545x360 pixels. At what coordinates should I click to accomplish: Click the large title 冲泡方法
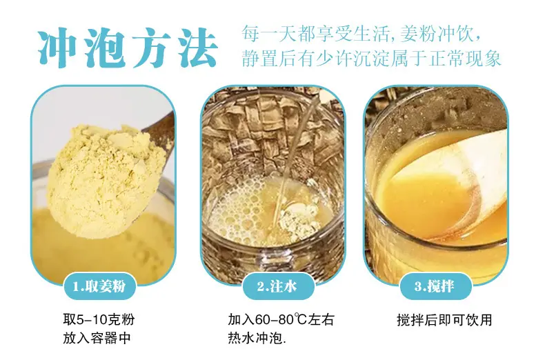coord(128,48)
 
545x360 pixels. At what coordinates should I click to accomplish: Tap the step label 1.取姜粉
coord(99,287)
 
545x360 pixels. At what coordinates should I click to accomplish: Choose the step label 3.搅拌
coord(435,287)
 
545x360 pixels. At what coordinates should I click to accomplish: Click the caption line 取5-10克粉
coord(99,319)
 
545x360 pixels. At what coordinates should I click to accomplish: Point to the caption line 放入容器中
coord(97,338)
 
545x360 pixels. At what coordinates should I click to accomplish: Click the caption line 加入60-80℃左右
coord(281,319)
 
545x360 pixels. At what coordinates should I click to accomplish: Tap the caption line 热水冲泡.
coord(257,338)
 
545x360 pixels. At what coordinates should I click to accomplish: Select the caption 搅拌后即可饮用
coord(444,320)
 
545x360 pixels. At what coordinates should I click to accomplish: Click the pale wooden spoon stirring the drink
coord(462,181)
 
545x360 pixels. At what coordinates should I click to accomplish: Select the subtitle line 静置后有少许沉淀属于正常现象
coord(371,59)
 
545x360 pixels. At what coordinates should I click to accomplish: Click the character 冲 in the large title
coord(58,48)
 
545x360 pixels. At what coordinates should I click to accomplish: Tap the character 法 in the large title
coord(198,48)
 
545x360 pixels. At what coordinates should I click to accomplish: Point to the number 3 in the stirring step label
coord(418,287)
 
